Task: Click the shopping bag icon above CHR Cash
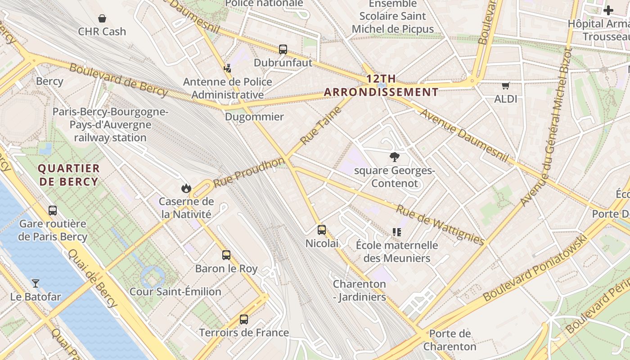tap(102, 18)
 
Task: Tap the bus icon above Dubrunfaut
tap(283, 49)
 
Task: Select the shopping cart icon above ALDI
tap(505, 85)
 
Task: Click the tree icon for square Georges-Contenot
tap(395, 157)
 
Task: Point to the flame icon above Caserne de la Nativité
tap(186, 188)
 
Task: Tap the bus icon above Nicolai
tap(321, 230)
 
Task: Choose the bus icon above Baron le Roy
tap(226, 255)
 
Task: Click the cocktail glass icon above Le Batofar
tap(35, 283)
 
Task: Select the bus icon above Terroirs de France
tap(243, 319)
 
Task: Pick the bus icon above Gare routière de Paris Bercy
tap(53, 210)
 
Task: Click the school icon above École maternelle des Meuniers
tap(396, 232)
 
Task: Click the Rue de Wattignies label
tap(440, 225)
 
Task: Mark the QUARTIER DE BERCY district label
tap(68, 175)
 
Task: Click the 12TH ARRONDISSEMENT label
tap(381, 85)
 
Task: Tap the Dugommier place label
tap(254, 117)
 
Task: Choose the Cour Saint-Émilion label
tap(175, 292)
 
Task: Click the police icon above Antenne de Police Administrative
tap(227, 68)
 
